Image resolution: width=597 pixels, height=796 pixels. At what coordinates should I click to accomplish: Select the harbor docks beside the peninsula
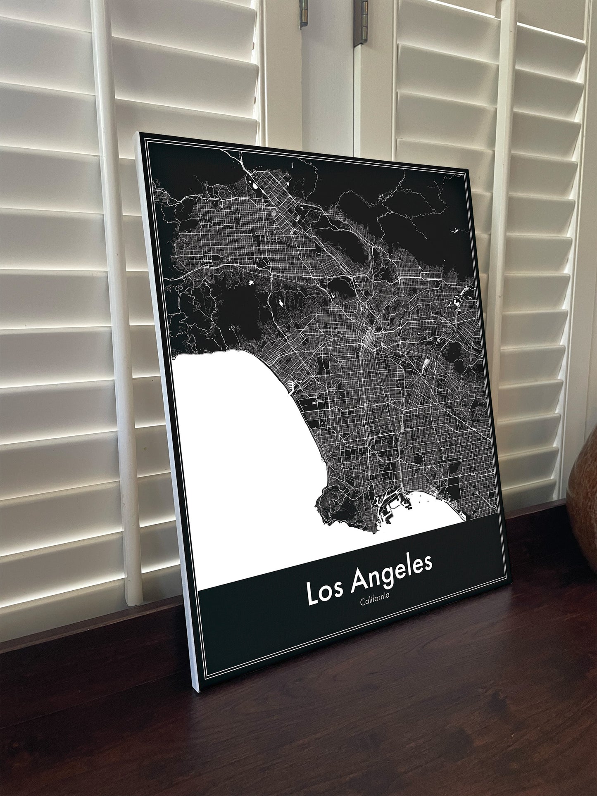tap(388, 506)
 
